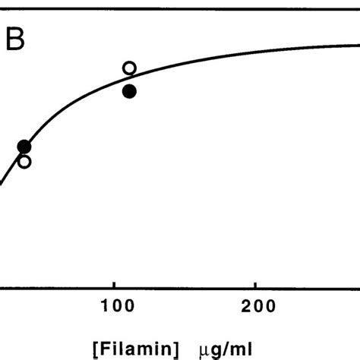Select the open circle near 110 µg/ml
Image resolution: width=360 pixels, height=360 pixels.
point(129,68)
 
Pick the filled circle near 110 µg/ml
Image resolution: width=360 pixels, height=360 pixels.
point(129,91)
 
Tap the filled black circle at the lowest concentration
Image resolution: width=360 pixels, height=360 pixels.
point(24,146)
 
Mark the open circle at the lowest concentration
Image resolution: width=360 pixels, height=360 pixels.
point(24,161)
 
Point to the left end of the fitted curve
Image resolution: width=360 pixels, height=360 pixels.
point(2,180)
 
